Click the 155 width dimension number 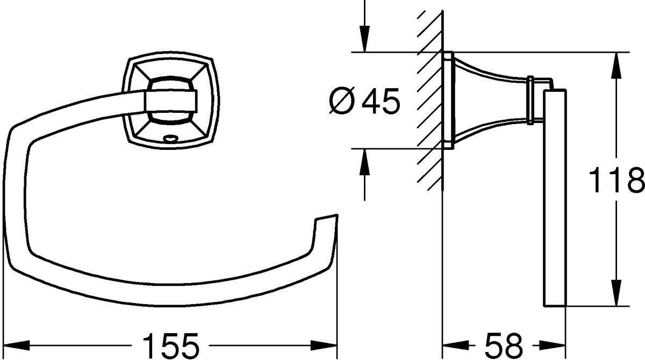171,345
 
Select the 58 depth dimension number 503,345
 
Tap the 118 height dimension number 616,180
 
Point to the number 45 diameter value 381,100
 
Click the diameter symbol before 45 341,100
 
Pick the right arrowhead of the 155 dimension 324,345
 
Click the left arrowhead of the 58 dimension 456,345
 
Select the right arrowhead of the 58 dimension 553,345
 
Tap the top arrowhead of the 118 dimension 616,66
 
